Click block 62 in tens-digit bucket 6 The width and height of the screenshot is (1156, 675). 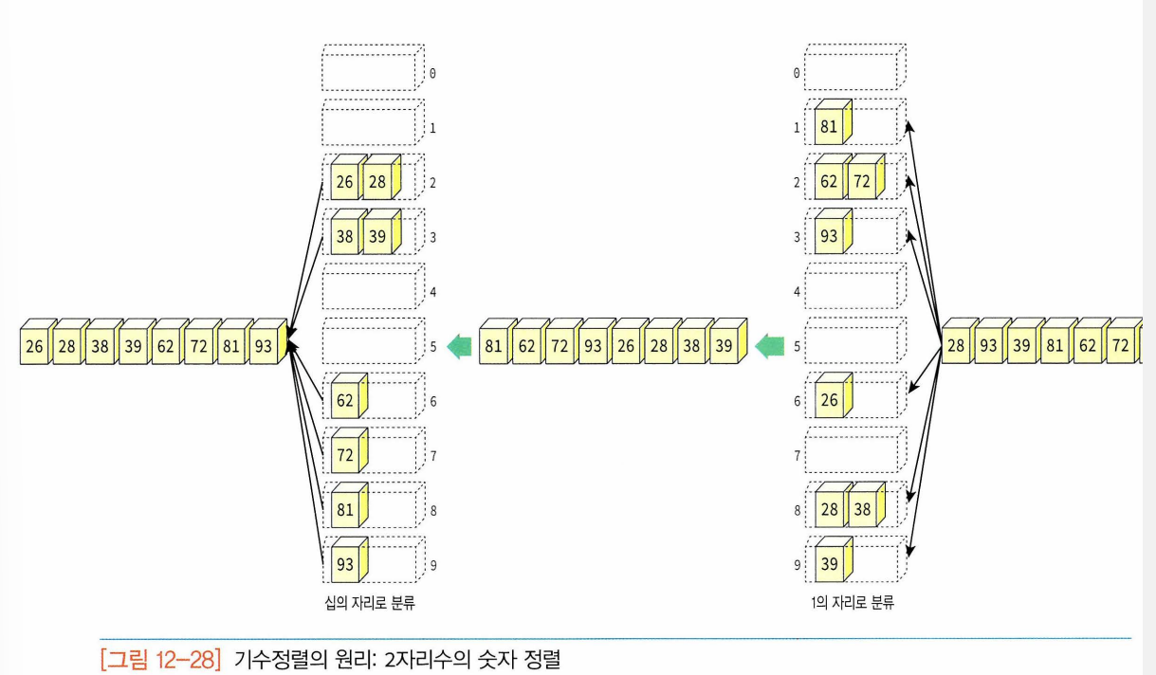pos(344,401)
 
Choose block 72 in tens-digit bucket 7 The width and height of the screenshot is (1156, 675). pos(344,456)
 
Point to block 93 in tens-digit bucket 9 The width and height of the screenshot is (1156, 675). pos(344,565)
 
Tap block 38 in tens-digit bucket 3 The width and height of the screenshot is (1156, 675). pos(344,237)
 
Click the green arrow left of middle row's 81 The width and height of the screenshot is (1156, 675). pos(460,347)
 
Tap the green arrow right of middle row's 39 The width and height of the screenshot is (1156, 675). pos(766,347)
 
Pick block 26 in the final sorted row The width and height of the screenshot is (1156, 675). pos(35,347)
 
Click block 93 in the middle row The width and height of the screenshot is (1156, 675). pos(592,347)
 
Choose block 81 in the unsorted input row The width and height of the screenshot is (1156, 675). pos(1054,347)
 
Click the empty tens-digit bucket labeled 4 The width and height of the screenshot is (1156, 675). pos(370,290)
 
